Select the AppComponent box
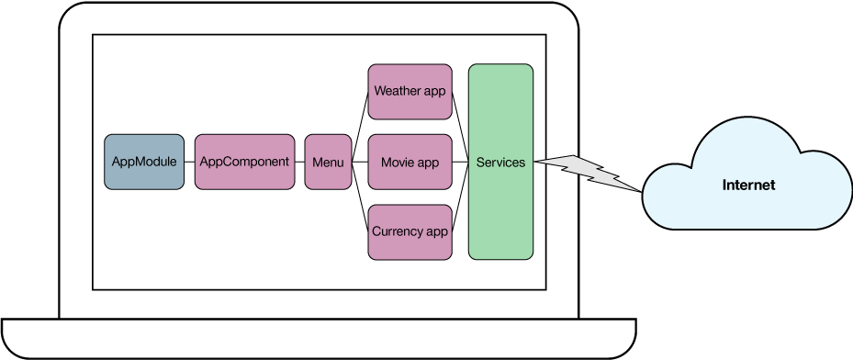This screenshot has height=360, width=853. (244, 162)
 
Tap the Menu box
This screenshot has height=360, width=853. (328, 162)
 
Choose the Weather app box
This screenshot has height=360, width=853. (410, 92)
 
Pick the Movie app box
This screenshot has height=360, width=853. (410, 163)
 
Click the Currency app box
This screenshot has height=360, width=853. (410, 231)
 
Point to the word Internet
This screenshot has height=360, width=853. (748, 186)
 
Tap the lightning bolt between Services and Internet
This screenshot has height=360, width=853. (588, 170)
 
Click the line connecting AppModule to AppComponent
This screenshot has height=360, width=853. (188, 163)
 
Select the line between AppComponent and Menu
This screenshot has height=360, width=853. (299, 163)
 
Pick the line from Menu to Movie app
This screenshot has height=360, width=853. (360, 163)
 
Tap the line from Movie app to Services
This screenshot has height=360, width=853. (460, 163)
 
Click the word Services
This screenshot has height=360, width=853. (500, 163)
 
